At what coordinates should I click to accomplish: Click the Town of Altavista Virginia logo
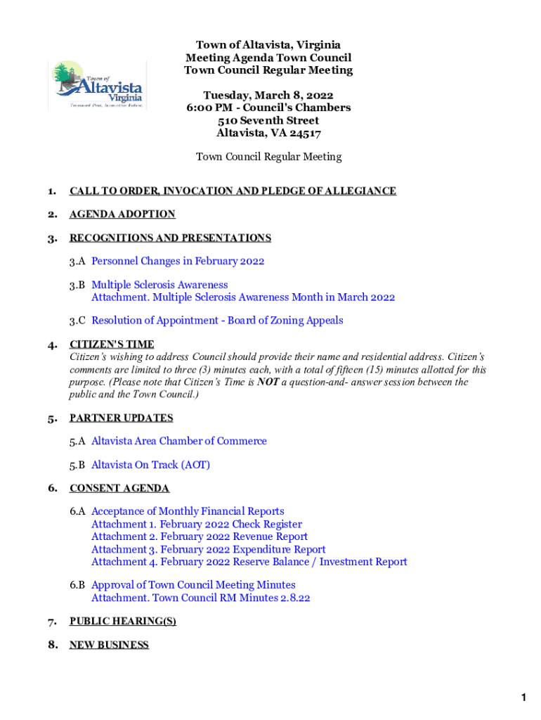(x=97, y=85)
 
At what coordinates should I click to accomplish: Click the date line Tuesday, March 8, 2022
(x=268, y=95)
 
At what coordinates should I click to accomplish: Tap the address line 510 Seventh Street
(x=268, y=120)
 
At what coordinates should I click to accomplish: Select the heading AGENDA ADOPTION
(x=122, y=214)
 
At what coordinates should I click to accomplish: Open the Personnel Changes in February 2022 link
(x=178, y=261)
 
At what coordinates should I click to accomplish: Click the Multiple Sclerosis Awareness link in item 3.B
(x=159, y=285)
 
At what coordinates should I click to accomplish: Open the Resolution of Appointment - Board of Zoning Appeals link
(x=217, y=320)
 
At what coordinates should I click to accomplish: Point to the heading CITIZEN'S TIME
(x=112, y=345)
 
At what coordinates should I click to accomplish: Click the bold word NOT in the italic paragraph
(x=268, y=382)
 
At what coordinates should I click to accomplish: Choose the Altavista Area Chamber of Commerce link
(x=179, y=441)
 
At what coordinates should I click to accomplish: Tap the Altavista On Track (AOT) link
(x=150, y=465)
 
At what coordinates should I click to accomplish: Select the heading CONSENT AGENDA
(x=119, y=488)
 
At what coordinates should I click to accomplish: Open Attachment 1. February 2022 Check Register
(x=197, y=524)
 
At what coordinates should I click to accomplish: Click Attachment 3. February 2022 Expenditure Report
(x=209, y=549)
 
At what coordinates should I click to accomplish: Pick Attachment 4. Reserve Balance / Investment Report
(x=249, y=562)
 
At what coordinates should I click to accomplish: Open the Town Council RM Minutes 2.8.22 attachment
(x=201, y=598)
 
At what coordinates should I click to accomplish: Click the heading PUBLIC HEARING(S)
(x=122, y=621)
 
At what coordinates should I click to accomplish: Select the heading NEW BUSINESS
(x=109, y=645)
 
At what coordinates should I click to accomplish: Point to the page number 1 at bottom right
(x=523, y=697)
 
